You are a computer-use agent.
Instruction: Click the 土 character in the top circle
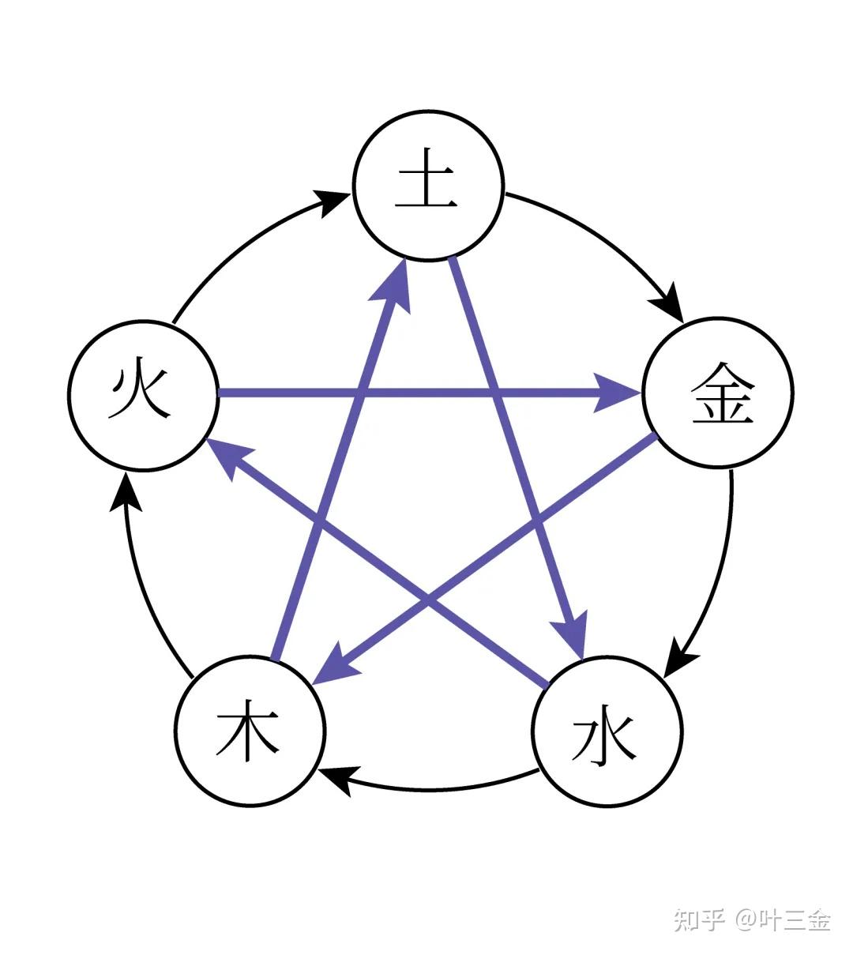pos(426,186)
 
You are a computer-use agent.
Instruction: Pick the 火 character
pos(141,393)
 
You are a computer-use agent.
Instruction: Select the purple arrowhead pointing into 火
pos(229,457)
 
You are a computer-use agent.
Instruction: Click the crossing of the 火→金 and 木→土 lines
pos(363,393)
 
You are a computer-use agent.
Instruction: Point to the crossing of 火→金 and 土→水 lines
pos(495,393)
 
